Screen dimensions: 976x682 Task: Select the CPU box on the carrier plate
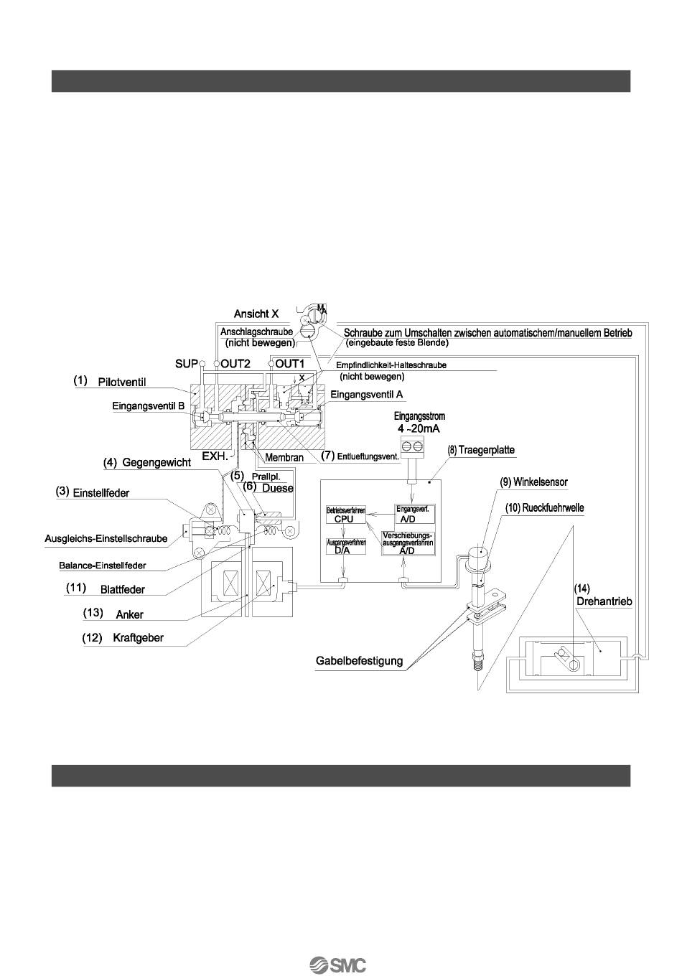[345, 519]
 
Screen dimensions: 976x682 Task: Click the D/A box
[345, 550]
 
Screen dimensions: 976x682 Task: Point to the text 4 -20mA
[419, 428]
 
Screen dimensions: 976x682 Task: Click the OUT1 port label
[290, 364]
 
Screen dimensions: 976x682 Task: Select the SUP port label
[186, 364]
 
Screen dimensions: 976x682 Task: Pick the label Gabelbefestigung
[359, 660]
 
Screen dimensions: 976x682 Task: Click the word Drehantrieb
[604, 601]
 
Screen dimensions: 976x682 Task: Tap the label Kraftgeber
[138, 637]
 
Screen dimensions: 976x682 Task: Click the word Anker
[129, 615]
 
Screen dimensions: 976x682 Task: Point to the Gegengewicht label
[156, 463]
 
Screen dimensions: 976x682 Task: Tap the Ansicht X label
[256, 314]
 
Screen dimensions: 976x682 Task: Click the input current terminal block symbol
[411, 447]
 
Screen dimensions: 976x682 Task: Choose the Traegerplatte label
[486, 451]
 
